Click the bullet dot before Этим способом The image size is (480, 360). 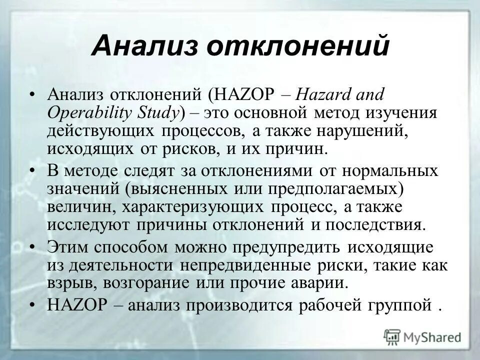(32, 247)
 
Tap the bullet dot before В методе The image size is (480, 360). (32, 170)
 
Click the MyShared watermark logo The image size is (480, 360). (422, 336)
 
